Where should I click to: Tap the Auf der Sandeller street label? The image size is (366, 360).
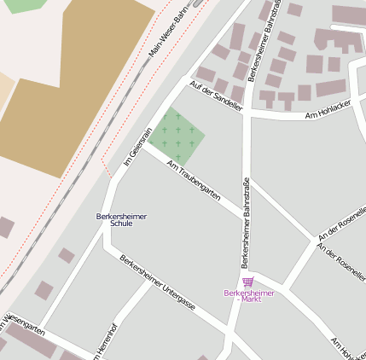pos(217,96)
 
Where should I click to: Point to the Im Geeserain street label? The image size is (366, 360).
pos(137,146)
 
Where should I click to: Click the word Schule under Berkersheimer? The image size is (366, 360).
pos(121,225)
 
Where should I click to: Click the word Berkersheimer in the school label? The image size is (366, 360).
pos(121,217)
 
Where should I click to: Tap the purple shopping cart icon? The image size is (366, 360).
pos(247,282)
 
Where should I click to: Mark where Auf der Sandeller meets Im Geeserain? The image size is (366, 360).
pos(183,81)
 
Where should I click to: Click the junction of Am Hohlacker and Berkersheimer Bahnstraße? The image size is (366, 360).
pos(247,113)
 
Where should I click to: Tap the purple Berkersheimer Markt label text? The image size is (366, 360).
pos(248,296)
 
